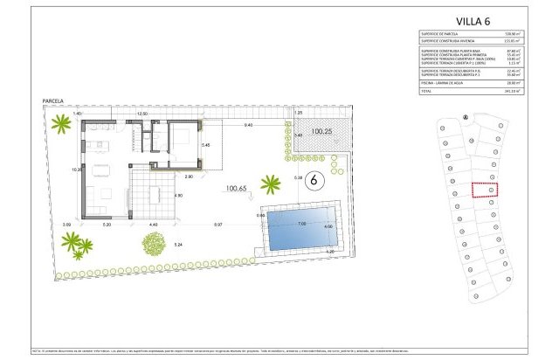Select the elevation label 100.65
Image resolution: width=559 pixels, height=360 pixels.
(x=237, y=188)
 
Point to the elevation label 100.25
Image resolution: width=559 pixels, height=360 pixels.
(x=321, y=131)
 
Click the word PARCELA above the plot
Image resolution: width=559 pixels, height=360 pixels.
(x=54, y=102)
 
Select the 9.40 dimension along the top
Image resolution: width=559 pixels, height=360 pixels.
(x=248, y=125)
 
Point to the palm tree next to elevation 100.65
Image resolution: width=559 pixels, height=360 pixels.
(x=272, y=184)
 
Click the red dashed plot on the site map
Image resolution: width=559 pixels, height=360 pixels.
(x=483, y=190)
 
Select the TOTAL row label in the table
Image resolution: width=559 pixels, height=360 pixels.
(x=426, y=90)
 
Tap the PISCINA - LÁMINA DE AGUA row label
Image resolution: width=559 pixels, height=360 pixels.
(x=443, y=83)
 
